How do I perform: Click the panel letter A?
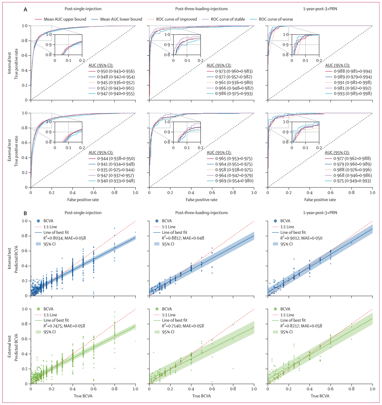(25, 10)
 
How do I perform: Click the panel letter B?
(25, 214)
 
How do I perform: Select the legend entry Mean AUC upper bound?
(65, 19)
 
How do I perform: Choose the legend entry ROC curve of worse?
(276, 19)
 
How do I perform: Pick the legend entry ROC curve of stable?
(228, 19)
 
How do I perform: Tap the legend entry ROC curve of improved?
(176, 19)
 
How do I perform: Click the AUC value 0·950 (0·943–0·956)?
(116, 71)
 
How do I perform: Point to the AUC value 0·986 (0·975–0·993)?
(234, 94)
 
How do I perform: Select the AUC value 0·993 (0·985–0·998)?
(353, 94)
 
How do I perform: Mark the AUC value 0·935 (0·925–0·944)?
(116, 170)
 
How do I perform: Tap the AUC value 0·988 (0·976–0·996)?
(352, 170)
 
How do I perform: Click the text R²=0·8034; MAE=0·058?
(64, 238)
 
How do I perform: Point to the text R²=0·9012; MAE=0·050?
(301, 238)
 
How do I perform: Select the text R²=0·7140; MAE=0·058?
(183, 326)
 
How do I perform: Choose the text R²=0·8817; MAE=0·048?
(183, 238)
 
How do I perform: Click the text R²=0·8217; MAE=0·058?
(301, 326)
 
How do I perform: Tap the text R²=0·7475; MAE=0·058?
(64, 326)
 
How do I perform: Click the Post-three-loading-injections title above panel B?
(201, 213)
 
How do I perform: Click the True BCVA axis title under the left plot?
(83, 396)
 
